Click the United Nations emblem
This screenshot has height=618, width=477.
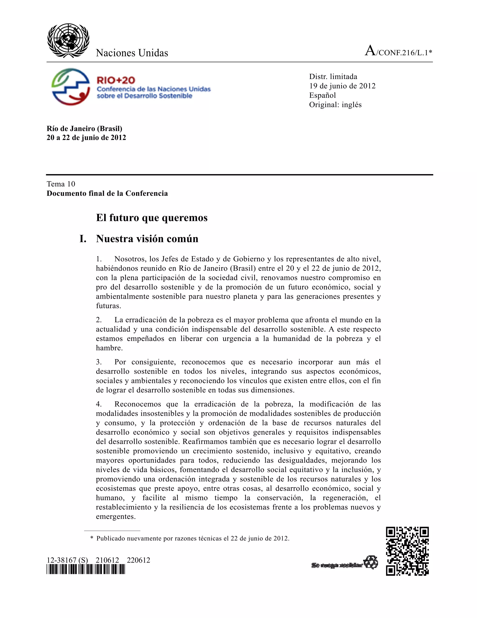68,41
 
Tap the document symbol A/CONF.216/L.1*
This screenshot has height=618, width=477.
399,52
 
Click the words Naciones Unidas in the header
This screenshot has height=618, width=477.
132,53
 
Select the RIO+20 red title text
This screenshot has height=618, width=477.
116,80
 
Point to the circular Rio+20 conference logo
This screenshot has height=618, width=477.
71,87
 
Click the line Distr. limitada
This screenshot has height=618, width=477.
333,77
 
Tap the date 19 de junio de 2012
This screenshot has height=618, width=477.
342,86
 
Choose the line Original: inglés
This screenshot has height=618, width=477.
335,105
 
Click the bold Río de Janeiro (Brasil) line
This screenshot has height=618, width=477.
85,129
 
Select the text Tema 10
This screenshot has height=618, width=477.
61,184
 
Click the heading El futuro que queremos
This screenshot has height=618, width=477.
152,218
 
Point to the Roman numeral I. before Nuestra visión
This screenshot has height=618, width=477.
83,239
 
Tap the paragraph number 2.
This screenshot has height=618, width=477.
99,320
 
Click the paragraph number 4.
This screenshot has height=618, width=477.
99,404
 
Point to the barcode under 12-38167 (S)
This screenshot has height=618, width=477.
86,569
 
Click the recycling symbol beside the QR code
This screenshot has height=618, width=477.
371,562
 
